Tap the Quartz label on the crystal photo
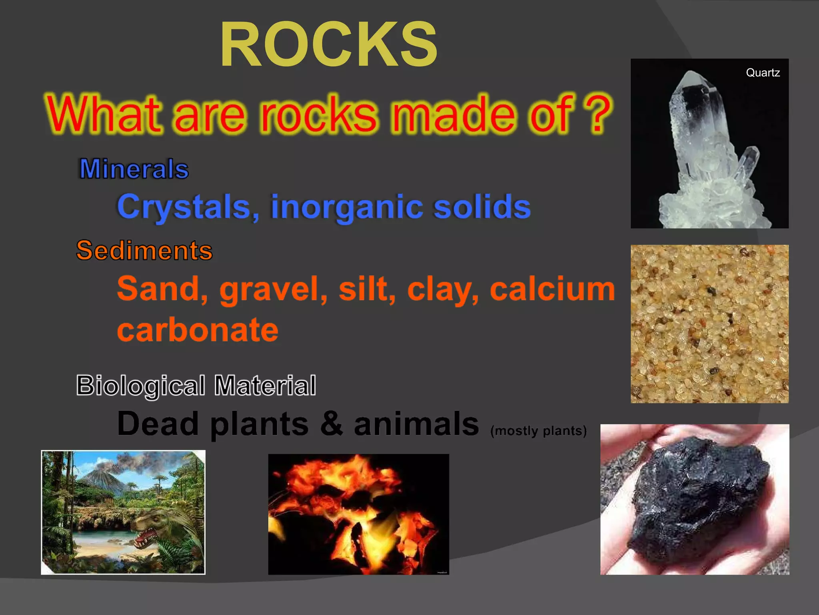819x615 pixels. (x=763, y=72)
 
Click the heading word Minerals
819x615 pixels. (x=134, y=169)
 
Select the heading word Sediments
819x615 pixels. (x=144, y=250)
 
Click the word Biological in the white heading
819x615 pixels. (x=141, y=385)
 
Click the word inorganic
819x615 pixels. (x=347, y=207)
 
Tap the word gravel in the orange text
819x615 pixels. (x=274, y=289)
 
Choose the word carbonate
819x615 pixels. (x=198, y=330)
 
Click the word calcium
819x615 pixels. (x=552, y=289)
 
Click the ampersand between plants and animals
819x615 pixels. (x=331, y=424)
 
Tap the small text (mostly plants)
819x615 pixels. (x=538, y=431)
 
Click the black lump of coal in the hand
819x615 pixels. (x=696, y=496)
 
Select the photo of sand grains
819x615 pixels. (x=709, y=324)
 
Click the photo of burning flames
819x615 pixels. (x=358, y=514)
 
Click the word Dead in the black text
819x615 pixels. (x=158, y=424)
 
